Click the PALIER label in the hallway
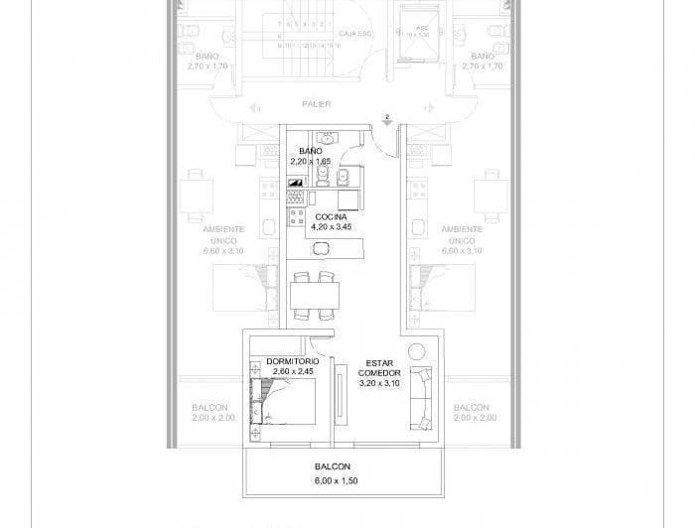point(316,103)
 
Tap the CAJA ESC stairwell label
point(354,33)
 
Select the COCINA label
point(332,216)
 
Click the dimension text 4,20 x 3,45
point(332,227)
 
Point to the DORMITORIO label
point(292,361)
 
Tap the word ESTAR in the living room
point(380,362)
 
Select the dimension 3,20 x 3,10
point(380,383)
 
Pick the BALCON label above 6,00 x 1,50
point(332,465)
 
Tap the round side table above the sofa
point(415,349)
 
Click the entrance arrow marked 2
point(387,121)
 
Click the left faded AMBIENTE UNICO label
point(223,239)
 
